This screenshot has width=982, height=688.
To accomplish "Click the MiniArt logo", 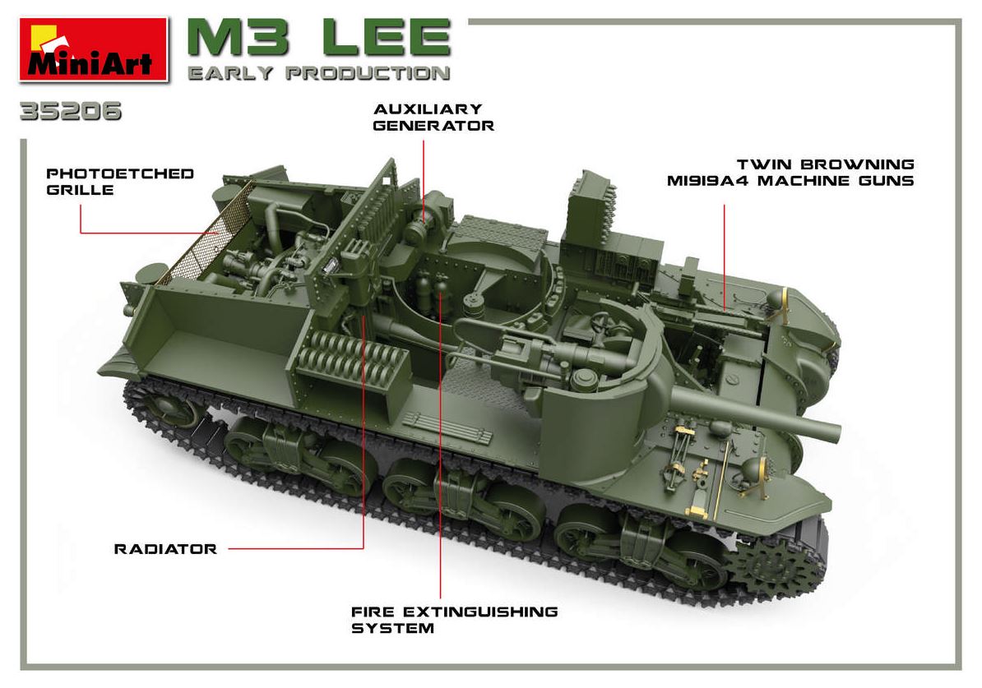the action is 94,50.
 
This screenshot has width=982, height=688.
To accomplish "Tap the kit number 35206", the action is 71,112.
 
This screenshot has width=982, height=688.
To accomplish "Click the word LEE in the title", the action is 387,39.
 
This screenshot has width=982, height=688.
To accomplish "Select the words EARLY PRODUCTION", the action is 319,73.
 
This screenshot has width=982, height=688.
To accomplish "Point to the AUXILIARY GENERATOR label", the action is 433,117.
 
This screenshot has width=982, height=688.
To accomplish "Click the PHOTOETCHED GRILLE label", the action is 119,182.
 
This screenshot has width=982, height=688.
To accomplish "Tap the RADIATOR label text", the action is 165,549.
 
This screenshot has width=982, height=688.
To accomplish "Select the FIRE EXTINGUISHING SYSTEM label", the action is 454,620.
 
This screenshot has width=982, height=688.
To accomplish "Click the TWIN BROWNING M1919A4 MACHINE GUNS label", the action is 790,173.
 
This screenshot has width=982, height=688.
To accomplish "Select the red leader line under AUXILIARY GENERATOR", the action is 424,182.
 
